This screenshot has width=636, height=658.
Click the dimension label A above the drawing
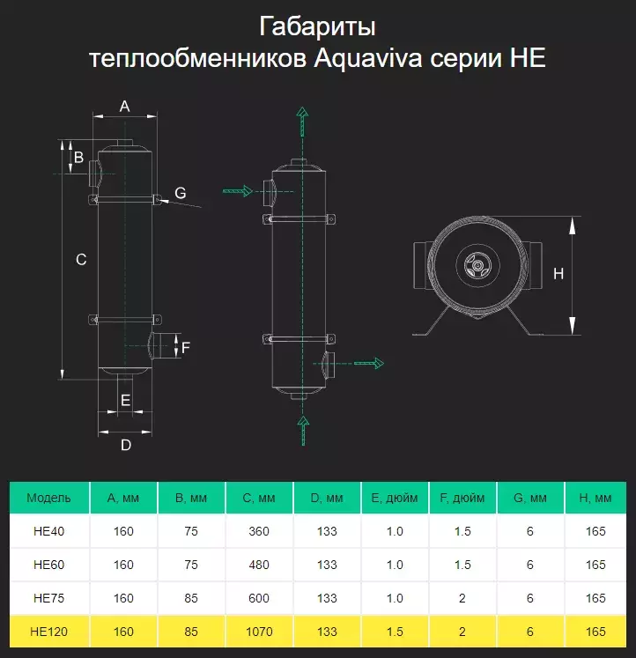pyautogui.click(x=124, y=107)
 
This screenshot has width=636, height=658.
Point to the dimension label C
pyautogui.click(x=81, y=259)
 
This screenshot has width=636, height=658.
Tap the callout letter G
pyautogui.click(x=180, y=193)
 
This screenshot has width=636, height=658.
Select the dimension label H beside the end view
pyautogui.click(x=558, y=274)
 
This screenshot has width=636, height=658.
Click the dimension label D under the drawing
pyautogui.click(x=125, y=445)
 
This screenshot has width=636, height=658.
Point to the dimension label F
pyautogui.click(x=185, y=346)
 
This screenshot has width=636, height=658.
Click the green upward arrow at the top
pyautogui.click(x=302, y=119)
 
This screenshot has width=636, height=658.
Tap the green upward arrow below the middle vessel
pyautogui.click(x=303, y=429)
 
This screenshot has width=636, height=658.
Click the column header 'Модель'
pyautogui.click(x=48, y=498)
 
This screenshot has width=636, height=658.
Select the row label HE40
pyautogui.click(x=48, y=531)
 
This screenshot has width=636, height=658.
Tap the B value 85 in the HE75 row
pyautogui.click(x=191, y=598)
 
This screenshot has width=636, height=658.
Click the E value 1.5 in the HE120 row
pyautogui.click(x=395, y=632)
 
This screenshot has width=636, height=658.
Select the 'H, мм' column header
pyautogui.click(x=597, y=498)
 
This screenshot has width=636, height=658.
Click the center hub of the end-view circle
pyautogui.click(x=477, y=263)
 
